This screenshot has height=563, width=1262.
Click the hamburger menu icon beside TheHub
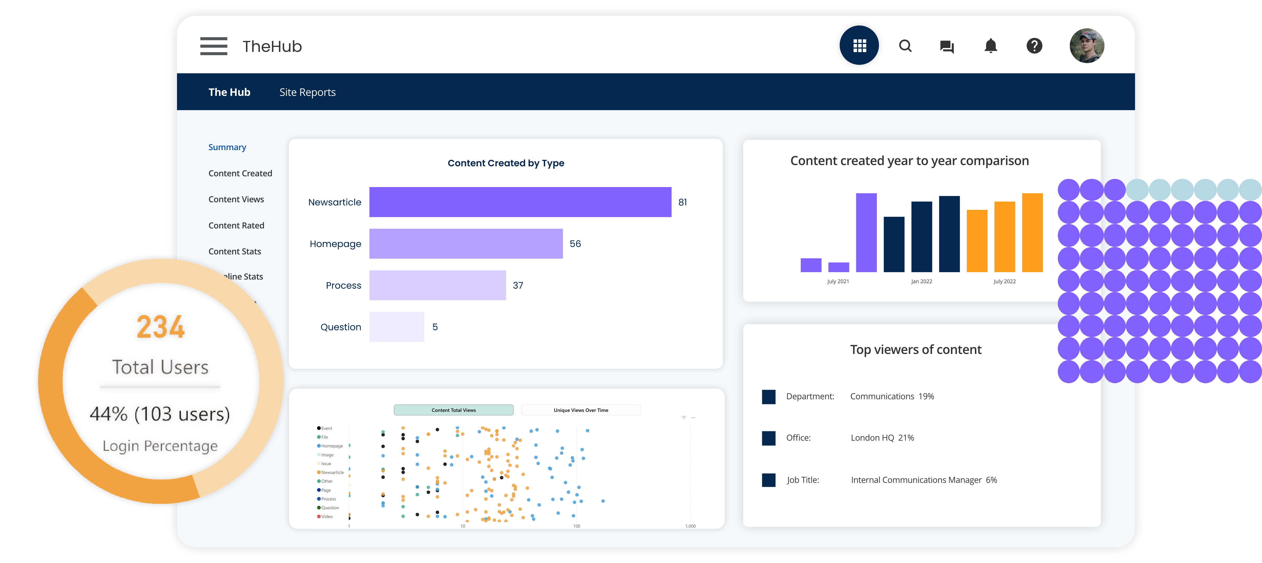[x=214, y=46]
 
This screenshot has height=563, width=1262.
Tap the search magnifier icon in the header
[x=905, y=46]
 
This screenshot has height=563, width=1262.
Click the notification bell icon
[x=990, y=46]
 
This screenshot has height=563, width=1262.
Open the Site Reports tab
[x=307, y=92]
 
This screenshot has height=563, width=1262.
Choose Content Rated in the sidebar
[x=236, y=225]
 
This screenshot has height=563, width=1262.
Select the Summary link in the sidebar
[x=227, y=147]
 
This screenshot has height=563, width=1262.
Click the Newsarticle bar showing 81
[x=520, y=202]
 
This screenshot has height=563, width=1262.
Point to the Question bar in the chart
[x=396, y=327]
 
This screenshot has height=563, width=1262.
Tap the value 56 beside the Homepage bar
[x=575, y=244]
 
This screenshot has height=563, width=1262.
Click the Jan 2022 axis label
[x=921, y=281]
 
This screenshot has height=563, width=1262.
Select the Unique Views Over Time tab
[x=580, y=410]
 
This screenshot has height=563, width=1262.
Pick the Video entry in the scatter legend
[x=326, y=516]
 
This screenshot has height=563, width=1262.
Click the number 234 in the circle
[x=161, y=327]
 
